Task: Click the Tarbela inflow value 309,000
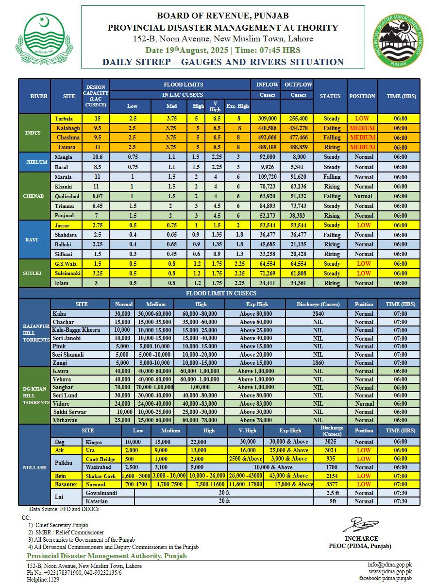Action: coord(268,119)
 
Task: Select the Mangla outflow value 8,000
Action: coord(299,157)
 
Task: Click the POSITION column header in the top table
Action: coord(362,96)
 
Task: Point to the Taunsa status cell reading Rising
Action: coord(332,147)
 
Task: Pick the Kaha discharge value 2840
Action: coord(318,314)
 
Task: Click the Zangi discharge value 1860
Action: coord(318,363)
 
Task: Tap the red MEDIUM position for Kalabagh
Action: coord(362,128)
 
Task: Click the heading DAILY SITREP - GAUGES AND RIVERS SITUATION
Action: coord(223,62)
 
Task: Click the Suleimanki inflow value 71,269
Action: coord(268,274)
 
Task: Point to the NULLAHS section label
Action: coord(34,467)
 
